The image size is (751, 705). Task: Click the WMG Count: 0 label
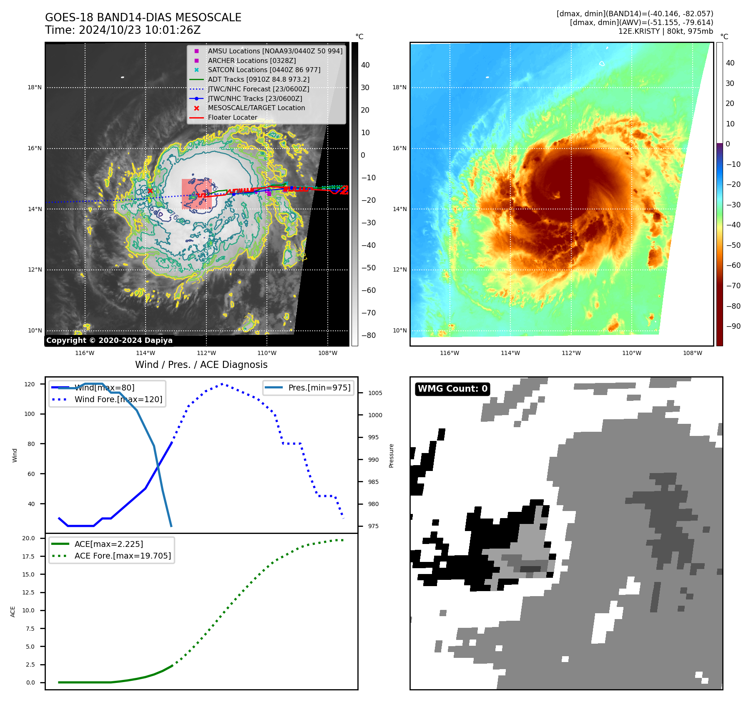click(x=452, y=389)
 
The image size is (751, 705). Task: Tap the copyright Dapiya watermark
click(x=109, y=340)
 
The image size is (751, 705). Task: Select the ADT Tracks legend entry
click(x=259, y=79)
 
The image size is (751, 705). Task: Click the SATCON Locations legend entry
click(x=264, y=70)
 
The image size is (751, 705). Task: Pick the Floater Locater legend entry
click(x=232, y=117)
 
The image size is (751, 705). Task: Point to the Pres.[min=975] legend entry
click(x=319, y=388)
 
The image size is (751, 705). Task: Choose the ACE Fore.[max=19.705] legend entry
click(x=123, y=556)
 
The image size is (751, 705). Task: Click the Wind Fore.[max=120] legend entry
click(x=118, y=399)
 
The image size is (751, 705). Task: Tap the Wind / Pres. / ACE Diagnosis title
click(x=201, y=365)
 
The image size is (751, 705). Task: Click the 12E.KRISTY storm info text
click(x=666, y=31)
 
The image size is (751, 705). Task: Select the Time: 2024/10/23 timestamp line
click(x=123, y=30)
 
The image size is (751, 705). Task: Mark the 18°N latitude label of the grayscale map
click(x=35, y=88)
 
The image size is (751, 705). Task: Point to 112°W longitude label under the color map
click(x=571, y=353)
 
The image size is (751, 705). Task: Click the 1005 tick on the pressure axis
click(x=375, y=393)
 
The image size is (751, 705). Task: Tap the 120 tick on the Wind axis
click(x=30, y=384)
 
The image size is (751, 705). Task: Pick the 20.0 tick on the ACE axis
click(x=29, y=538)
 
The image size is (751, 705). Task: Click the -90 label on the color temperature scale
click(x=733, y=326)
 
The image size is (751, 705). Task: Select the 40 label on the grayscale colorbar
click(x=365, y=65)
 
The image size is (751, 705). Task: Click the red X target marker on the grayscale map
click(x=150, y=191)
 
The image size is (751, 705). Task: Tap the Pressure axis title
click(x=391, y=456)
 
